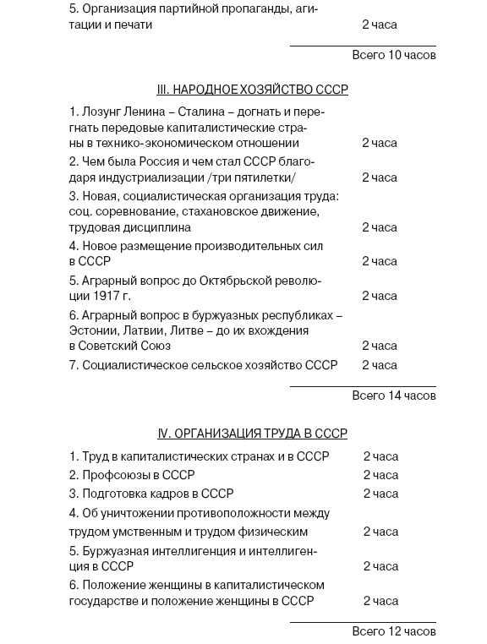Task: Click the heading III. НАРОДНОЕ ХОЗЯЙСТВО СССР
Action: [x=252, y=90]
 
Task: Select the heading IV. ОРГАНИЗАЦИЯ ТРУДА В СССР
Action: [x=252, y=434]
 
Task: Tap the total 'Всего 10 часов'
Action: [x=393, y=55]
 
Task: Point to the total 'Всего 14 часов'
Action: [x=393, y=396]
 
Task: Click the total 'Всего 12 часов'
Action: [x=393, y=631]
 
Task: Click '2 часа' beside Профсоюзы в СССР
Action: [x=380, y=475]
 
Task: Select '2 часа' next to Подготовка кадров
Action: [x=380, y=494]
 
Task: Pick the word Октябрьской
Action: [x=241, y=280]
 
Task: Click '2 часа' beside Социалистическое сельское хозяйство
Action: [x=380, y=365]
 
